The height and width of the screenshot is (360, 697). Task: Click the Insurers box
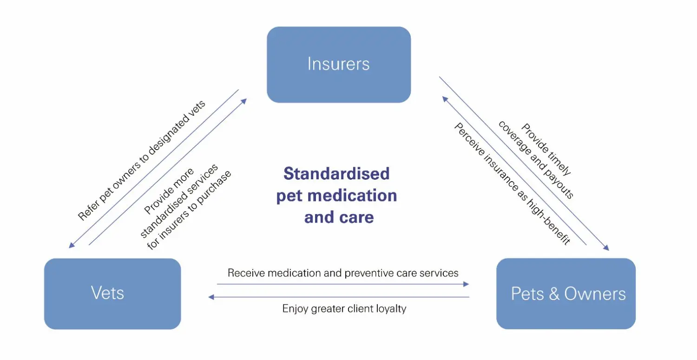[338, 64]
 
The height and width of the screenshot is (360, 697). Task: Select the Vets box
[112, 294]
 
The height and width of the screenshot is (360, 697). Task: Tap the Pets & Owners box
[565, 294]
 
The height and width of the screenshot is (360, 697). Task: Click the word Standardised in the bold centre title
[336, 174]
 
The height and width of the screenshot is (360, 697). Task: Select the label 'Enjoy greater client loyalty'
[344, 308]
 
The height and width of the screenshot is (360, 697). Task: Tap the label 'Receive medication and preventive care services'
[343, 273]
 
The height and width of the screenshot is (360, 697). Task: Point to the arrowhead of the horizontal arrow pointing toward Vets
[211, 297]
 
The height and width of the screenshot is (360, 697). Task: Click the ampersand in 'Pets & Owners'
[554, 294]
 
